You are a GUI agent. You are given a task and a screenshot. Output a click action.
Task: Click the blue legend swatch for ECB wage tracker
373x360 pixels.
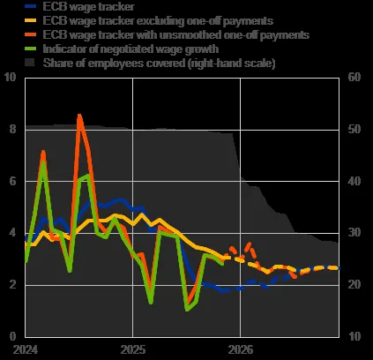[x=31, y=6]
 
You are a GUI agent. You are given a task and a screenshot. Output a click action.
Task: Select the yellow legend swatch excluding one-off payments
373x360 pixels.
[x=31, y=20]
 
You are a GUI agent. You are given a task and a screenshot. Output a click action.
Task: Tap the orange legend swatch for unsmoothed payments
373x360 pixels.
[x=31, y=34]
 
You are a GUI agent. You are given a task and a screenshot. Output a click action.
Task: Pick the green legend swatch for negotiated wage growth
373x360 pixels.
[x=31, y=49]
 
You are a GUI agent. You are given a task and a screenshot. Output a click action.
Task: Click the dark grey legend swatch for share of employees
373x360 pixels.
[x=30, y=63]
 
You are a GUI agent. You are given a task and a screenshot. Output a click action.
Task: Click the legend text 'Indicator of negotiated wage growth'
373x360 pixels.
[x=131, y=49]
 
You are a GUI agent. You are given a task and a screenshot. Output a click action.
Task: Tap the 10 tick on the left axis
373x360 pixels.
[x=10, y=77]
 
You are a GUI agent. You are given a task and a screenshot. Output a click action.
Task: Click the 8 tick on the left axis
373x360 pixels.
[x=12, y=129]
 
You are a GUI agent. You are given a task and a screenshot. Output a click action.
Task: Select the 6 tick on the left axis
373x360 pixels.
[x=12, y=181]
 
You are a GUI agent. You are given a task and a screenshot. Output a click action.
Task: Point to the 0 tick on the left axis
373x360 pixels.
[x=12, y=336]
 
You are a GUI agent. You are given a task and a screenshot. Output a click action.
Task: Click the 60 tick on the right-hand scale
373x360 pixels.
[x=354, y=77]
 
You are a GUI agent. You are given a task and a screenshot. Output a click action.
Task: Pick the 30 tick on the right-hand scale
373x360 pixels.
[x=354, y=232]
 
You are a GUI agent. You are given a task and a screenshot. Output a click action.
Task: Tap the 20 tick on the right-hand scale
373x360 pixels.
[x=354, y=284]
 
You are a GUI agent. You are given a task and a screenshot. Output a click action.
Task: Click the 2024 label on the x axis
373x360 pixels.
[x=26, y=349]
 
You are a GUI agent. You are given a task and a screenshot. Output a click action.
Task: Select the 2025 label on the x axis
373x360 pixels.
[x=133, y=349]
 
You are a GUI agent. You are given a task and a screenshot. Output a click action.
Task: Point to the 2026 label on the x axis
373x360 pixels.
[x=241, y=349]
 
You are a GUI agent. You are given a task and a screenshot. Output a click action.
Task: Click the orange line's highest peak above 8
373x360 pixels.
[x=79, y=116]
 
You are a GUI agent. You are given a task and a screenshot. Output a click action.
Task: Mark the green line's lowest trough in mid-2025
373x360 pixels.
[x=187, y=310]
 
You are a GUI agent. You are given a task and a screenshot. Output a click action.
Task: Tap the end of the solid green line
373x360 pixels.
[x=222, y=264]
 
